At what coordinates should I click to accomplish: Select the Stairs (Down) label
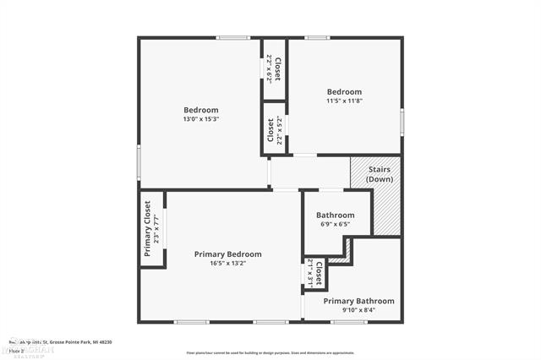click(379, 174)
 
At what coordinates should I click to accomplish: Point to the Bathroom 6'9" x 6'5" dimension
click(335, 225)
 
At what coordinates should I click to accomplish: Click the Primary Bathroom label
click(358, 301)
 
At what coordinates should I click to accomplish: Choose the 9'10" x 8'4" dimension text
click(358, 310)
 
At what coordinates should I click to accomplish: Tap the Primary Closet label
click(147, 228)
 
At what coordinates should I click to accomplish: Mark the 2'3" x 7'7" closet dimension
click(156, 228)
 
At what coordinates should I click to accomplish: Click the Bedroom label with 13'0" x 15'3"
click(201, 110)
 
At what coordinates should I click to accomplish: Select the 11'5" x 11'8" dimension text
click(344, 101)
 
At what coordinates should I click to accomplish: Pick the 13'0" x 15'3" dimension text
click(201, 119)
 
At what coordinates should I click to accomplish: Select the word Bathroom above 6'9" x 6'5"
click(335, 215)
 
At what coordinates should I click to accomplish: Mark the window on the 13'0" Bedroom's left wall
click(139, 161)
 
